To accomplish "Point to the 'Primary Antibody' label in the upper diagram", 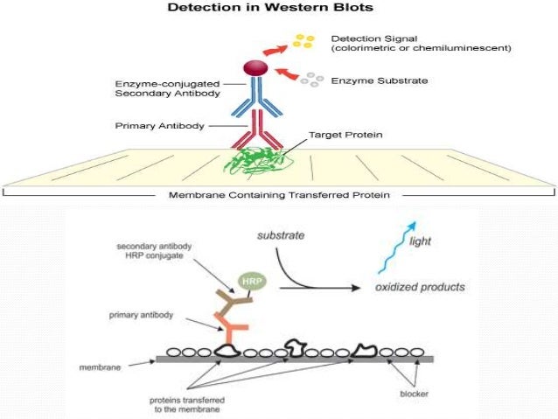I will [x=160, y=126].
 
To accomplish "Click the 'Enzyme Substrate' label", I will [x=380, y=80].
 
